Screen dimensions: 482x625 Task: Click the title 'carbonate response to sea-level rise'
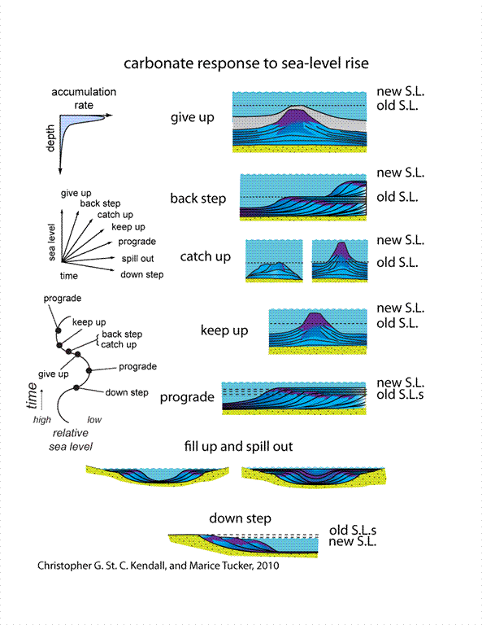click(x=246, y=63)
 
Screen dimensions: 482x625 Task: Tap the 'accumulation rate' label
click(x=84, y=98)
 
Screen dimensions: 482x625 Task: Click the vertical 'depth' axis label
click(x=50, y=138)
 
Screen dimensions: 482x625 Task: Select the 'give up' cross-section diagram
click(x=299, y=122)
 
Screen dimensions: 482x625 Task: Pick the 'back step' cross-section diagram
click(x=303, y=197)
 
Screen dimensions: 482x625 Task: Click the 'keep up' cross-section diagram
click(x=318, y=332)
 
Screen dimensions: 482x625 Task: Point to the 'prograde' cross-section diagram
click(x=293, y=398)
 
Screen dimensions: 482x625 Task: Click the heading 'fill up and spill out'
click(x=238, y=447)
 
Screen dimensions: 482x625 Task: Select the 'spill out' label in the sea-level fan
click(x=137, y=259)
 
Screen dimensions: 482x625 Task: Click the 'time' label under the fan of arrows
click(x=69, y=276)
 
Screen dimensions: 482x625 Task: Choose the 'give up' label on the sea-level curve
click(x=54, y=374)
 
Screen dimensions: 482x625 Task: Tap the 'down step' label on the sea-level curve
click(x=127, y=392)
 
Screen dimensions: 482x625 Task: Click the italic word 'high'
click(x=41, y=420)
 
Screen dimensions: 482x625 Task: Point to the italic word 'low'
click(x=94, y=420)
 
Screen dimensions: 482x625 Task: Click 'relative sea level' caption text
click(x=71, y=439)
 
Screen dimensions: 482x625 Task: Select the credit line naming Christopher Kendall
click(x=158, y=566)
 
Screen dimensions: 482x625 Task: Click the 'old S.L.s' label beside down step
click(x=353, y=530)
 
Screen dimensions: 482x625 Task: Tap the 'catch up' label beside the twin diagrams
click(x=206, y=256)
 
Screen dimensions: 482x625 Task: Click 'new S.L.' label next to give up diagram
click(x=401, y=92)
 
